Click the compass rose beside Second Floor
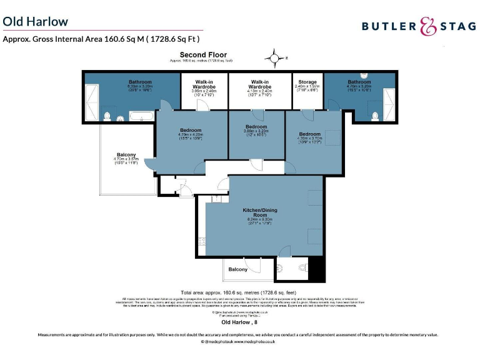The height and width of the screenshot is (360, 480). click(x=274, y=59)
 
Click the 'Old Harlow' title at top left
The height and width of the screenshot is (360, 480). click(x=36, y=22)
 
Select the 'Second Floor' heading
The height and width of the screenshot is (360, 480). click(x=203, y=56)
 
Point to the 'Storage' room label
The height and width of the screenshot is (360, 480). click(x=307, y=82)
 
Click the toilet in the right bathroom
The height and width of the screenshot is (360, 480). click(x=375, y=115)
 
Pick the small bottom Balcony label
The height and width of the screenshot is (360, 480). click(x=237, y=269)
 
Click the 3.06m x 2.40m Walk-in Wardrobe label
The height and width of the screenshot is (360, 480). click(x=204, y=85)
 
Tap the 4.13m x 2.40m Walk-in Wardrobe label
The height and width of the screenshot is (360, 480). click(x=260, y=85)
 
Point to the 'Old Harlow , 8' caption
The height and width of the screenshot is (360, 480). click(x=240, y=323)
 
